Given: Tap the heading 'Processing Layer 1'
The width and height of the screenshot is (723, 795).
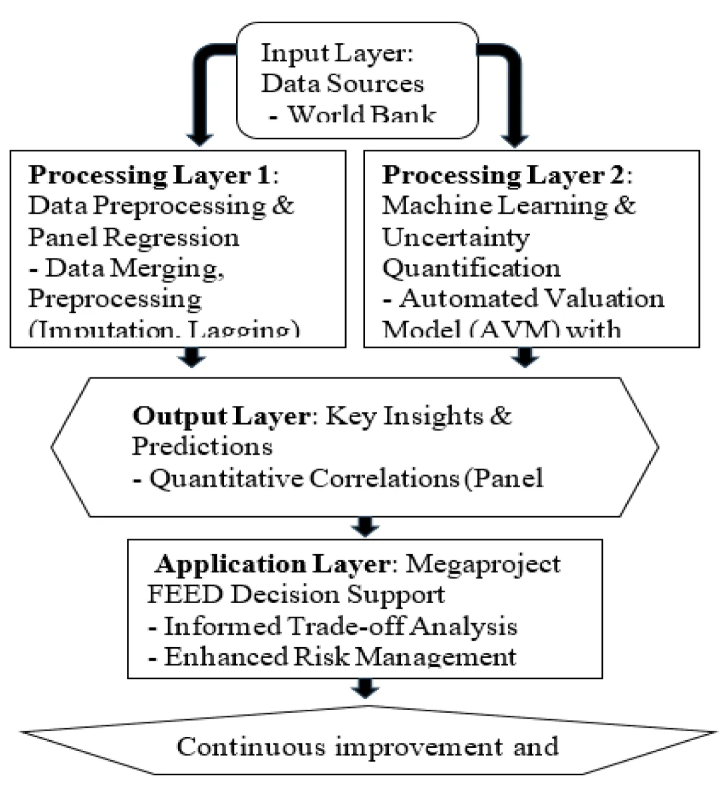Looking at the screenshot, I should [149, 175].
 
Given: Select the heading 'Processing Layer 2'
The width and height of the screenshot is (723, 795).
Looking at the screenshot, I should [503, 175].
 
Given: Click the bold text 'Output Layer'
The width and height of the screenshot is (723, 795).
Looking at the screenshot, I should [221, 416].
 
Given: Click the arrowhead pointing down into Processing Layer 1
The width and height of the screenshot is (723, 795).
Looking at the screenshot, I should [200, 138].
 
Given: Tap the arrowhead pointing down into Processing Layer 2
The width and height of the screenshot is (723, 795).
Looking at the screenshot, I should [515, 138].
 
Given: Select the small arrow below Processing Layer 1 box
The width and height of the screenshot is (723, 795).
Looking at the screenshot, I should [192, 358].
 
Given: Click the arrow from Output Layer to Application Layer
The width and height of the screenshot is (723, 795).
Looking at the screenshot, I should [365, 527].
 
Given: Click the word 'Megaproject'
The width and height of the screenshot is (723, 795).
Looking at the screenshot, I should [483, 564].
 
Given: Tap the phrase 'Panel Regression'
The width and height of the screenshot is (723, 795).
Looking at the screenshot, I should [133, 237].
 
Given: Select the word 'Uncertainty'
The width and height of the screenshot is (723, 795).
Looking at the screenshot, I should [456, 237].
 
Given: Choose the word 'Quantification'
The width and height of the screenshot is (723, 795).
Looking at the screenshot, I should [471, 268].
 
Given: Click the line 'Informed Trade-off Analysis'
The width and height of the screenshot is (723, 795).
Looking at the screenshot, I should [340, 626].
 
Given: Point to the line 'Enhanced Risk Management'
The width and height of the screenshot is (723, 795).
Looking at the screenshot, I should [340, 657].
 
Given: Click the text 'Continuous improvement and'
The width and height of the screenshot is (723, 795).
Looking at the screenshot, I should [367, 746].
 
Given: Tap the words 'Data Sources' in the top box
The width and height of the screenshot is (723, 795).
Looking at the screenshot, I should [342, 83].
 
